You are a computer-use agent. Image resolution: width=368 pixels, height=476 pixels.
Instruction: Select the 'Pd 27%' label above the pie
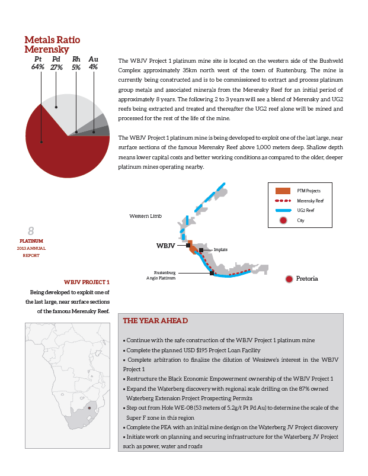point(57,63)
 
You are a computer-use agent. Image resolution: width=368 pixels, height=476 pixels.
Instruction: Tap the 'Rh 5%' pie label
point(76,63)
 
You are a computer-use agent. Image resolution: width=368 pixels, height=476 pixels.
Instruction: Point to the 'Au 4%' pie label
point(93,63)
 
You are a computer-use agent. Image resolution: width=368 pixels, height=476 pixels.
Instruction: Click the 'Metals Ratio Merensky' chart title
point(52,44)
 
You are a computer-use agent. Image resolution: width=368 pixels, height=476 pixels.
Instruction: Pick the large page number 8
point(31,231)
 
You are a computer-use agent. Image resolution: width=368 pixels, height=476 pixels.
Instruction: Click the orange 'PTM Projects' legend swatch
point(283,191)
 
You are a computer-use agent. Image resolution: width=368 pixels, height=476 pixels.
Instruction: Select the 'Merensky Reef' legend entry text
point(310,201)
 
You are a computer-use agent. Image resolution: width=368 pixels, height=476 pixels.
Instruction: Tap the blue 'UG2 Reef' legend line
point(283,210)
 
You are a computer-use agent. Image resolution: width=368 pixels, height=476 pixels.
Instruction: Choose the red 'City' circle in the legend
point(283,220)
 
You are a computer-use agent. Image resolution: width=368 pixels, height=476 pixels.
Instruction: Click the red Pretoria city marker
point(289,279)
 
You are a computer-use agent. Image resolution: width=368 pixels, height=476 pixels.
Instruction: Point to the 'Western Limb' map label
point(145,216)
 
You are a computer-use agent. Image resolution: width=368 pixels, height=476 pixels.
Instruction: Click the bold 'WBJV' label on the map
point(166,245)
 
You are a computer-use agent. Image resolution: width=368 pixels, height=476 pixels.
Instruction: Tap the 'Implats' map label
point(220,250)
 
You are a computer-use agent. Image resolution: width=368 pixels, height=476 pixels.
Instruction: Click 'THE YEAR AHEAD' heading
point(155,321)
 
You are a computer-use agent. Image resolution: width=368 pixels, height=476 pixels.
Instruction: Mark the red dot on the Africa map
point(89,408)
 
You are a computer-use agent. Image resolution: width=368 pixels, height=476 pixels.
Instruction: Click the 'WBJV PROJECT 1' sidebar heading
point(87,282)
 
